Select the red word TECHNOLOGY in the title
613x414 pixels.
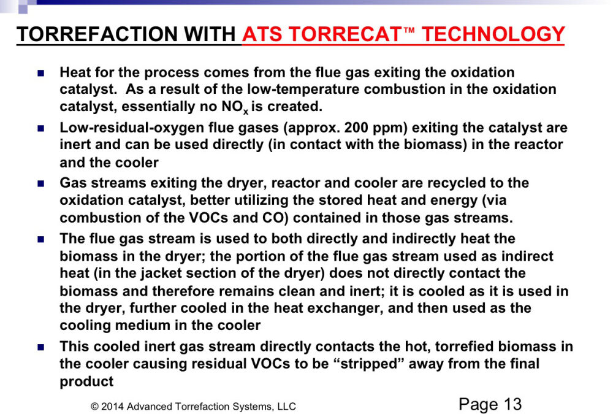[493, 34]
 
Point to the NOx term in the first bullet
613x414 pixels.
[235, 107]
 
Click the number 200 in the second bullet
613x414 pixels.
[356, 128]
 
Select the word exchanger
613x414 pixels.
[338, 309]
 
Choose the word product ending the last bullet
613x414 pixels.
[86, 381]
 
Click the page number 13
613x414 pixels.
[512, 404]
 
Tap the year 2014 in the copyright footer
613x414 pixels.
[113, 407]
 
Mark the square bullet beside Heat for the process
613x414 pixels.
[40, 73]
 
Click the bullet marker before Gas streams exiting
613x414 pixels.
[40, 183]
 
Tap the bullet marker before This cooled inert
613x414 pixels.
[40, 347]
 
